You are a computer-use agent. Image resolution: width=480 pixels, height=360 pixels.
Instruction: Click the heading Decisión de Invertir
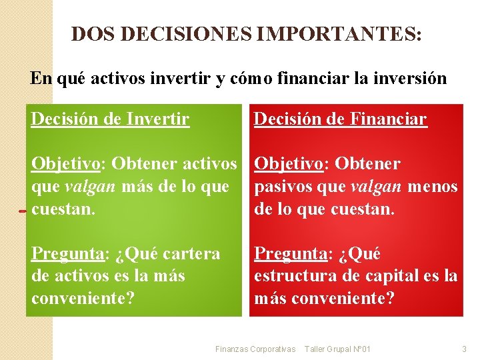[x=110, y=119]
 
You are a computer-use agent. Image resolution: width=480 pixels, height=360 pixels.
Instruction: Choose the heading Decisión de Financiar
[x=340, y=119]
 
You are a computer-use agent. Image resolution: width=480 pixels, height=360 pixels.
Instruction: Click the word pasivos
[x=279, y=187]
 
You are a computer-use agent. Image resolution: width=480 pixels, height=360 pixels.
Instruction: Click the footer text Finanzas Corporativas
[x=255, y=349]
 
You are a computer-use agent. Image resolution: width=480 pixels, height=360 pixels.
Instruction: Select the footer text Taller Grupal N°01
[x=337, y=349]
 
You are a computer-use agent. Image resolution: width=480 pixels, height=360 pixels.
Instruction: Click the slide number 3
[x=464, y=349]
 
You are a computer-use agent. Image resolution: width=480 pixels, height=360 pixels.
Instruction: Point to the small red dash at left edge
[x=23, y=212]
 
